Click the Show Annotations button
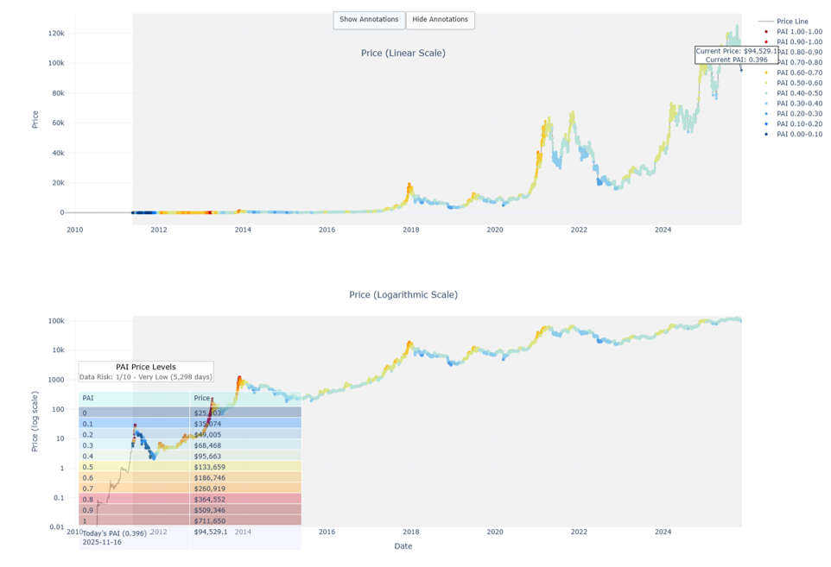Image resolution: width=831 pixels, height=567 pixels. coord(369,20)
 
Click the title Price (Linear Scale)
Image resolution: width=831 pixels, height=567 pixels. coord(403,54)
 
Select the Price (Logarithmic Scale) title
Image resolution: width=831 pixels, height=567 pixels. coord(403,295)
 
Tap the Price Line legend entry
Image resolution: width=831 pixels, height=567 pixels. coord(792,22)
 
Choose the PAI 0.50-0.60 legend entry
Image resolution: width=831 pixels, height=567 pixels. coord(799,83)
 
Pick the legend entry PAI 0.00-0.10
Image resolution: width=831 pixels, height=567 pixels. coord(799,135)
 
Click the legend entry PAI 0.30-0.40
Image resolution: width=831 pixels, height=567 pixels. coord(799,104)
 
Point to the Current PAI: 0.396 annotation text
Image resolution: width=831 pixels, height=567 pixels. coord(736,60)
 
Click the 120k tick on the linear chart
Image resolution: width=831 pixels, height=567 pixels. coord(56,34)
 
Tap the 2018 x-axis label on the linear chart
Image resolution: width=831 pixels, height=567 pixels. coord(410,230)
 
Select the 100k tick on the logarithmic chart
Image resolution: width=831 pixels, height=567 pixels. coord(56,321)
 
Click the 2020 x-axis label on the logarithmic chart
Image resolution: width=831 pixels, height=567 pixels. coord(494,532)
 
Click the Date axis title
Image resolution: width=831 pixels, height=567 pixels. coord(403,546)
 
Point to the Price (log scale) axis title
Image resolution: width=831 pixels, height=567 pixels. coord(35,421)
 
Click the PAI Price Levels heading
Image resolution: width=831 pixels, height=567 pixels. coord(146,367)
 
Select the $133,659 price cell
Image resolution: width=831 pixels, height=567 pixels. coord(211,468)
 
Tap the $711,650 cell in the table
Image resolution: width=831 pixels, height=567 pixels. coord(211,521)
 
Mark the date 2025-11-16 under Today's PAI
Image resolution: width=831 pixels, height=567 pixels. coord(103,543)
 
